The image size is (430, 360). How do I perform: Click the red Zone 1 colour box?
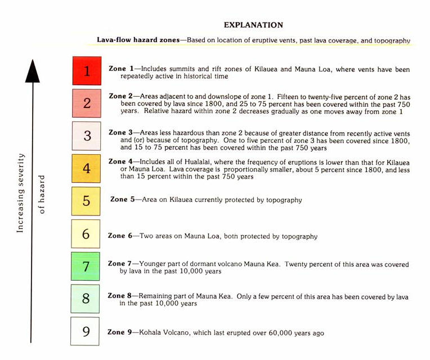[x=87, y=70]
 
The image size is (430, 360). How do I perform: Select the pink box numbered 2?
[x=87, y=103]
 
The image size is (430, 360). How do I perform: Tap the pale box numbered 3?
[x=86, y=136]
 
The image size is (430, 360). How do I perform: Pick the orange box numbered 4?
[x=86, y=168]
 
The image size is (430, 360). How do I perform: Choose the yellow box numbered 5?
[x=86, y=201]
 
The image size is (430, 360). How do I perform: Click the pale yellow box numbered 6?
[x=86, y=233]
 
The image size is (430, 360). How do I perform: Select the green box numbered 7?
[x=86, y=266]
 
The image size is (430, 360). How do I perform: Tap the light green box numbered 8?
[x=86, y=299]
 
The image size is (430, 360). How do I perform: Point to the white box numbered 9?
[x=85, y=331]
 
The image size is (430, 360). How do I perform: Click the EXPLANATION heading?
[x=253, y=25]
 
